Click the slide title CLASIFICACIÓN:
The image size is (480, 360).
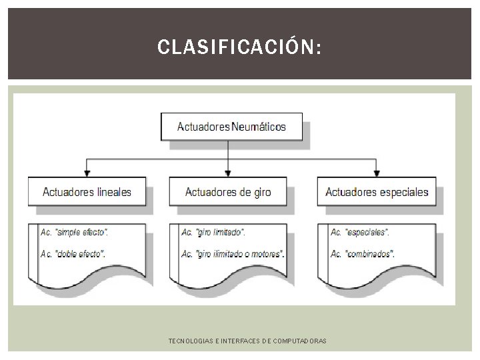click(x=239, y=47)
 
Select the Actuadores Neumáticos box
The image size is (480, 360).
click(x=231, y=126)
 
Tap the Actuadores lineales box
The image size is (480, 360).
click(x=87, y=192)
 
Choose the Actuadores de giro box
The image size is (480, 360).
click(x=228, y=192)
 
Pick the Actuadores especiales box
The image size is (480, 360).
click(x=377, y=192)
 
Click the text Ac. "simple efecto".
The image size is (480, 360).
click(x=75, y=232)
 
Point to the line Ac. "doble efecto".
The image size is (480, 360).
click(x=73, y=253)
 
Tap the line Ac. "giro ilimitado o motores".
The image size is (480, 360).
click(x=233, y=253)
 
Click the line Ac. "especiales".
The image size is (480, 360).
click(x=360, y=232)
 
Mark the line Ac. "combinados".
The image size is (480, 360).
click(x=363, y=253)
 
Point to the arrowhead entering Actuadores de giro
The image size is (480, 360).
click(x=228, y=172)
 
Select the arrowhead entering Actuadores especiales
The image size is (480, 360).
click(x=377, y=172)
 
